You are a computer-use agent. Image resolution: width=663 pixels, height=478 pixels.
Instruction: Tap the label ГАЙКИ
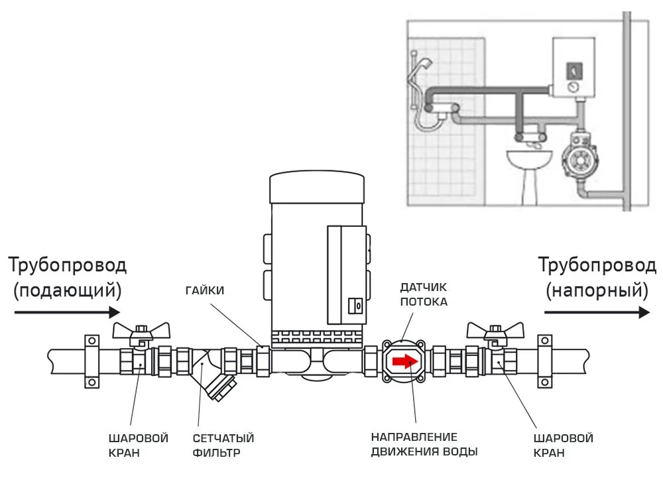(x=205, y=291)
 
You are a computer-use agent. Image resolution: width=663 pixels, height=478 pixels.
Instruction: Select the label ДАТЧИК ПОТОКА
(x=424, y=294)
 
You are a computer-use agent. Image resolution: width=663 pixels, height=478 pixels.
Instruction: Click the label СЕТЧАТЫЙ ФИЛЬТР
(x=223, y=446)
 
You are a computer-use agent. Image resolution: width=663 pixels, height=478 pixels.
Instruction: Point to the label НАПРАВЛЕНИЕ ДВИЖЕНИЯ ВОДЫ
(x=424, y=444)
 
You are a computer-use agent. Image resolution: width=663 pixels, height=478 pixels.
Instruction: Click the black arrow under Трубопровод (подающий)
(x=68, y=312)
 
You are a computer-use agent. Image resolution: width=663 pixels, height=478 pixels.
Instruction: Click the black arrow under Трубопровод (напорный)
(x=597, y=312)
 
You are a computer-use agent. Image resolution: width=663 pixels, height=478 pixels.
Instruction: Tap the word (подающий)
(x=68, y=291)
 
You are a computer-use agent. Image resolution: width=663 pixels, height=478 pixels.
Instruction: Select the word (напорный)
(x=597, y=291)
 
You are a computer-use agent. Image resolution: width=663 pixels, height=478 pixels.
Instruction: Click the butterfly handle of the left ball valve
(x=141, y=331)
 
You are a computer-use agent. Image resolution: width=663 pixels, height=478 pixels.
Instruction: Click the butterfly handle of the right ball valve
(x=495, y=331)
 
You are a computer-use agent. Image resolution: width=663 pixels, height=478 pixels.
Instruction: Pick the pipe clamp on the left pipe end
(x=91, y=361)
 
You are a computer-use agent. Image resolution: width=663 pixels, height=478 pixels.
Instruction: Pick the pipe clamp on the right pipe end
(x=544, y=361)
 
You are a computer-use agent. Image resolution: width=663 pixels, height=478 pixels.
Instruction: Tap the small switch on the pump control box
(x=355, y=306)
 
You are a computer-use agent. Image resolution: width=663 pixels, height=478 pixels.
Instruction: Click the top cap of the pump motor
(x=317, y=187)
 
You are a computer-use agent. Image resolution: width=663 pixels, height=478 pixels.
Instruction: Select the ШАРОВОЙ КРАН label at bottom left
(x=139, y=446)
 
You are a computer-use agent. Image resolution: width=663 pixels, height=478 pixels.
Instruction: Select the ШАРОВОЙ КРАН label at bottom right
(x=563, y=446)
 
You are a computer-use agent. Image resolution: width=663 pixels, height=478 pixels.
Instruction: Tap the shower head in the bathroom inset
(x=426, y=65)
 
